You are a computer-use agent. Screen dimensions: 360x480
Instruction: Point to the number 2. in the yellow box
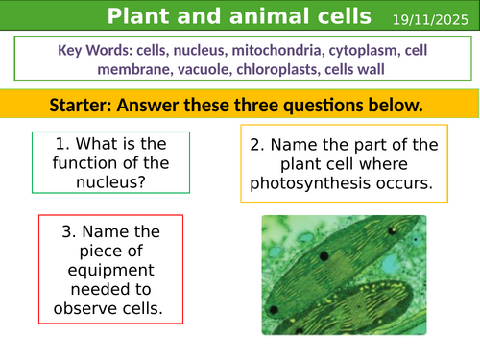pos(258,144)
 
